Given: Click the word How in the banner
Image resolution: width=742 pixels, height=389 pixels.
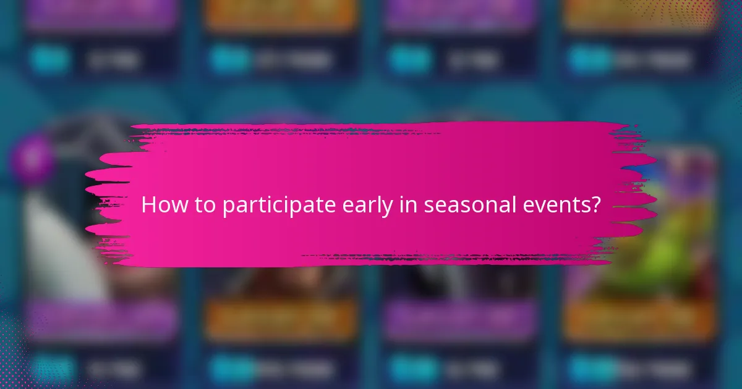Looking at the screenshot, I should (162, 205).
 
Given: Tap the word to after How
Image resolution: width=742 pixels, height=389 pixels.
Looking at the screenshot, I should (202, 206).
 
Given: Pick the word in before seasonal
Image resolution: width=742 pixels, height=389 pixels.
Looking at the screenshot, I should (408, 205).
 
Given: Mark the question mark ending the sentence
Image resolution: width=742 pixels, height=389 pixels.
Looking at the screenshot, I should (595, 205).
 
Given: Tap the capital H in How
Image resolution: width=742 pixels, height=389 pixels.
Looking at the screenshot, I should (149, 205).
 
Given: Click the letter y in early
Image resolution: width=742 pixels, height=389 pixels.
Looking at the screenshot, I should (387, 209).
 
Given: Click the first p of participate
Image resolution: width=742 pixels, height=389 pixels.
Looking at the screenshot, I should (229, 209).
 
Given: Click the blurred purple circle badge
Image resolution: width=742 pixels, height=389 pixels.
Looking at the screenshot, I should (28, 157).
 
